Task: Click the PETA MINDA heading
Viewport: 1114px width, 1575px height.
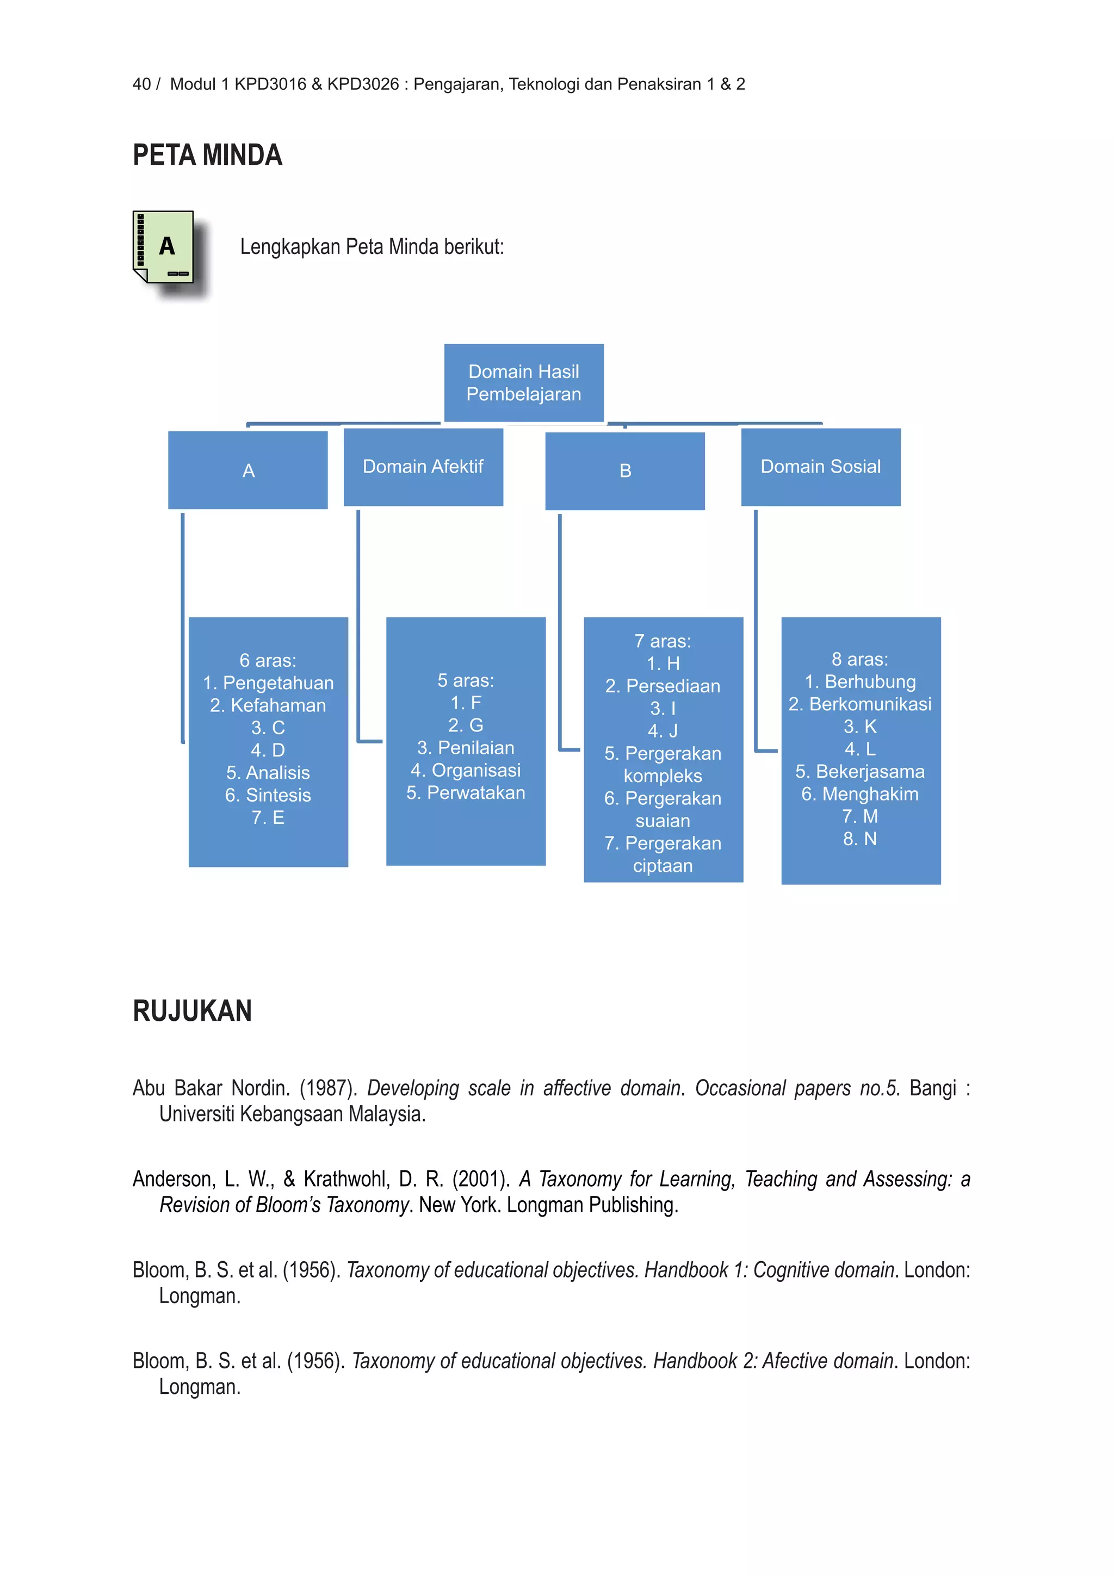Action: pyautogui.click(x=207, y=155)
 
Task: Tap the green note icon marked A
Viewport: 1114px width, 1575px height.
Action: pyautogui.click(x=163, y=247)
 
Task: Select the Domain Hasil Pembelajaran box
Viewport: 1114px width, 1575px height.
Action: pyautogui.click(x=523, y=383)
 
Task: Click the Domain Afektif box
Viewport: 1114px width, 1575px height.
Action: pyautogui.click(x=423, y=467)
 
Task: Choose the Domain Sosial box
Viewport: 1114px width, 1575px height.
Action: pyautogui.click(x=820, y=467)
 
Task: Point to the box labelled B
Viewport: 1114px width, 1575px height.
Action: pyautogui.click(x=625, y=470)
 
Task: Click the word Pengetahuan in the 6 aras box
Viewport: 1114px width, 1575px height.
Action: pyautogui.click(x=278, y=683)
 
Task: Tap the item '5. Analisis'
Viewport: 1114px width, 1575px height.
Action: pyautogui.click(x=268, y=773)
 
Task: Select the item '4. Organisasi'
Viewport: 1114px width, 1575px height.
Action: pyautogui.click(x=466, y=770)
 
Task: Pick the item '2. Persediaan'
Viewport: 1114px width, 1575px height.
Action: pyautogui.click(x=663, y=686)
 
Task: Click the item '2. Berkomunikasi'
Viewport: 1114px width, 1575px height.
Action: pyautogui.click(x=859, y=704)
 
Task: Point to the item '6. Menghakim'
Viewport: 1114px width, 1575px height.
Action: pyautogui.click(x=859, y=795)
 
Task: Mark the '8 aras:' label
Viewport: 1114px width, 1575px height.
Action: pyautogui.click(x=859, y=659)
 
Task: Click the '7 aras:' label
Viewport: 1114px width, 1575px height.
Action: pyautogui.click(x=663, y=641)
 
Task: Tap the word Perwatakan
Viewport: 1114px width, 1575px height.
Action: pyautogui.click(x=475, y=793)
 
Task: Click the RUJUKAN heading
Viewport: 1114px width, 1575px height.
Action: pyautogui.click(x=192, y=1011)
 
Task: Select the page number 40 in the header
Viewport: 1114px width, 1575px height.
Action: pyautogui.click(x=141, y=84)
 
